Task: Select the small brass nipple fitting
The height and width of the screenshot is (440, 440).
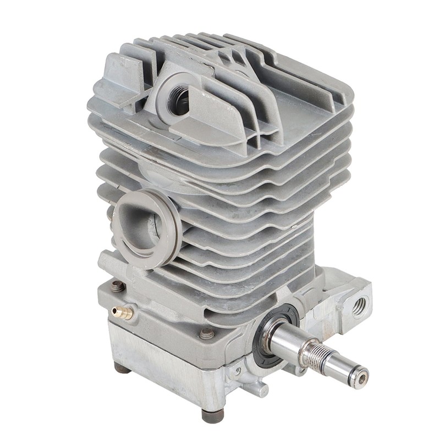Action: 122,313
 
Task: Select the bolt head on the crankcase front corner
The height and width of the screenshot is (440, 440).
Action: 207,333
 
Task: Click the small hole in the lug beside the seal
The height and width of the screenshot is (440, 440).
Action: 238,372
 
